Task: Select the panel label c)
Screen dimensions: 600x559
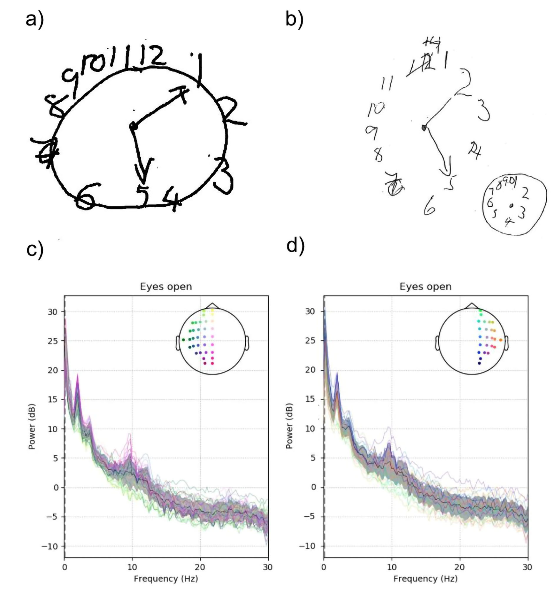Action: [35, 250]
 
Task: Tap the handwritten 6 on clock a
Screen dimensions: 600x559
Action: [86, 196]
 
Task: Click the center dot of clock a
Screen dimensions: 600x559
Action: [133, 126]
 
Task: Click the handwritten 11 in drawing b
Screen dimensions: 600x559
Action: [387, 83]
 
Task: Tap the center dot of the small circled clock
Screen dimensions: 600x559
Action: [511, 206]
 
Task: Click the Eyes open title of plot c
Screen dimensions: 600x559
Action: [166, 286]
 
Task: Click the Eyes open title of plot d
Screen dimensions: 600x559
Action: [426, 286]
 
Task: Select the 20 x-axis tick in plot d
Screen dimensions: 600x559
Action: [460, 567]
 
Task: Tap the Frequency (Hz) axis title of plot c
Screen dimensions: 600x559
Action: [166, 579]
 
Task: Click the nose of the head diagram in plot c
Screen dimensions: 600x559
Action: [212, 305]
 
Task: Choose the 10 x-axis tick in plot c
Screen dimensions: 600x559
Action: [132, 567]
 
